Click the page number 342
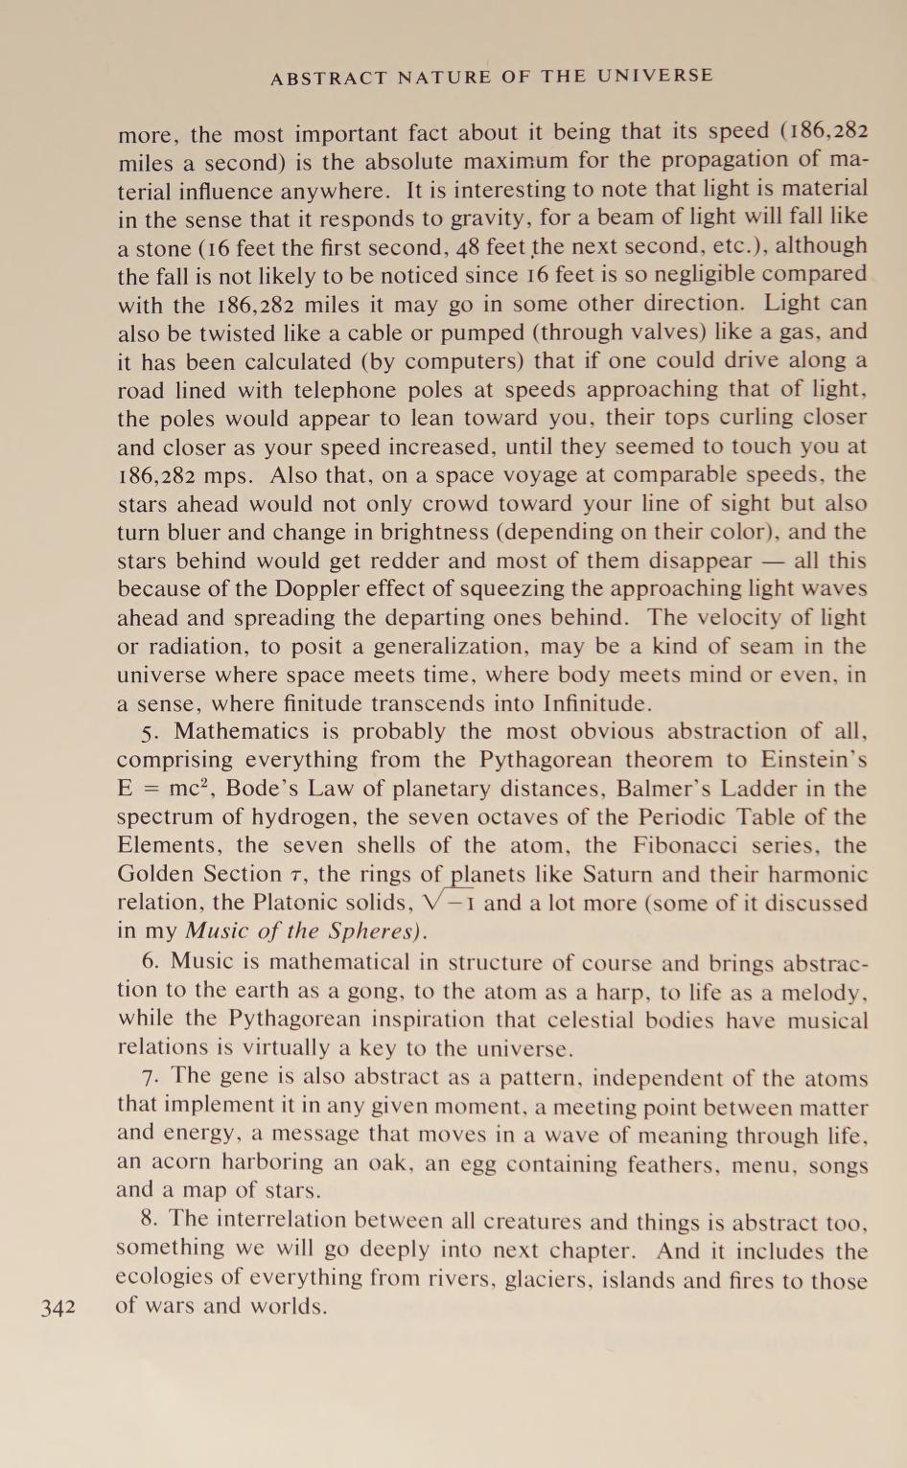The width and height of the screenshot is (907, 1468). [58, 1307]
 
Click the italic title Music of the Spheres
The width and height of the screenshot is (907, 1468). [306, 930]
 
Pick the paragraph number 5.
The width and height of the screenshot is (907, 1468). [149, 732]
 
